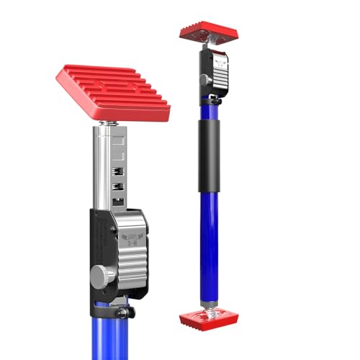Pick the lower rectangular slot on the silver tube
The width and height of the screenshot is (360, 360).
coord(116,188)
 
